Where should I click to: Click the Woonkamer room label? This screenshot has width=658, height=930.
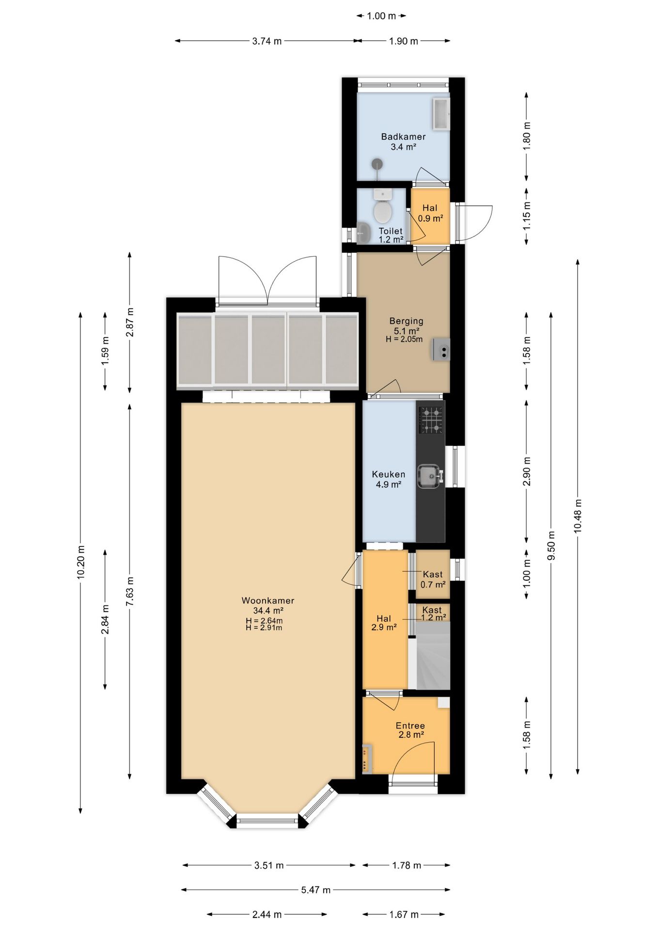pyautogui.click(x=268, y=601)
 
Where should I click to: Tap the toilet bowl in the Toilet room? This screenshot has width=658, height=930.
pyautogui.click(x=383, y=207)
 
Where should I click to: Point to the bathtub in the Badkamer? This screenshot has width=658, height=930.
pyautogui.click(x=441, y=114)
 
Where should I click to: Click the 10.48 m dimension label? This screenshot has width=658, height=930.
pyautogui.click(x=578, y=516)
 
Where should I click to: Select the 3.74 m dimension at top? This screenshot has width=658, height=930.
pyautogui.click(x=267, y=41)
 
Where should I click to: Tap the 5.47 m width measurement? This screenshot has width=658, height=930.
pyautogui.click(x=316, y=890)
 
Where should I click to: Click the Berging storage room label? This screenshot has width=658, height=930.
pyautogui.click(x=407, y=321)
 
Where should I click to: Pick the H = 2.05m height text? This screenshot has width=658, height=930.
pyautogui.click(x=404, y=339)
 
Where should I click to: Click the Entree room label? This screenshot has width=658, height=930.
pyautogui.click(x=410, y=726)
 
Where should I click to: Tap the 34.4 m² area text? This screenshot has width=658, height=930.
pyautogui.click(x=268, y=611)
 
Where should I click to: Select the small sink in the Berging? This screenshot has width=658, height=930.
pyautogui.click(x=441, y=349)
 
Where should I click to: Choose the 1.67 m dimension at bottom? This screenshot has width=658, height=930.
pyautogui.click(x=404, y=914)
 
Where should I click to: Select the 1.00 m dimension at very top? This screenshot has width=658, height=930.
pyautogui.click(x=381, y=16)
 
